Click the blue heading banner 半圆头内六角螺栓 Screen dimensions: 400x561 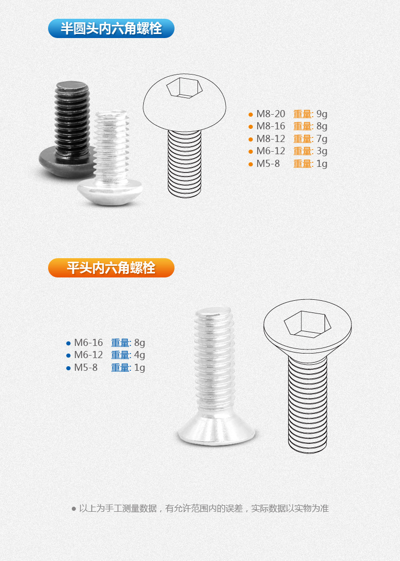point(111,28)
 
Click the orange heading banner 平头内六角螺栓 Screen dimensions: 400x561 point(111,268)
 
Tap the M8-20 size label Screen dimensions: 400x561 point(271,114)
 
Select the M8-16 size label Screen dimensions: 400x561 point(271,126)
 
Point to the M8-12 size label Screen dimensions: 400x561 point(271,138)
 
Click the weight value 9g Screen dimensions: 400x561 point(322,114)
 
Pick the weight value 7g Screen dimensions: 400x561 point(322,139)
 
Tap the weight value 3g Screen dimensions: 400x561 point(322,151)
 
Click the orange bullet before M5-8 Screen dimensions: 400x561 point(251,164)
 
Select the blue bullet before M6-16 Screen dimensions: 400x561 point(68,343)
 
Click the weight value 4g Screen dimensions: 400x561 point(140,355)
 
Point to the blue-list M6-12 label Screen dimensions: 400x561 point(88,355)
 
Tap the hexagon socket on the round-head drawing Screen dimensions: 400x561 point(184,87)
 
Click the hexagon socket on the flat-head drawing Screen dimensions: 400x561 point(307,325)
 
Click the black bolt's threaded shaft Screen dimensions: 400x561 point(72,118)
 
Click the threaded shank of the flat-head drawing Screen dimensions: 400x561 point(307,404)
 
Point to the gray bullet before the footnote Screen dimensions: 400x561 point(74,509)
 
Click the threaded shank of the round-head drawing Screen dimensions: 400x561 point(184,164)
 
